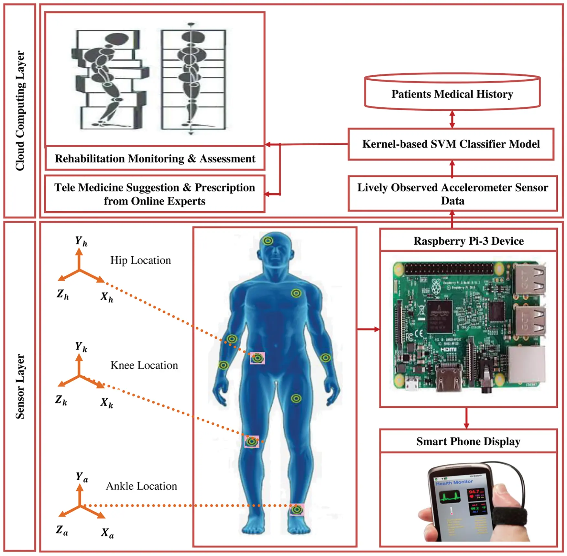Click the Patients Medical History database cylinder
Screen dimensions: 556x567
click(452, 94)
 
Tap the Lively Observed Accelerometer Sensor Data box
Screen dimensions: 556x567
click(452, 194)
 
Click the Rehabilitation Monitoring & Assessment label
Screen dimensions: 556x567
click(155, 159)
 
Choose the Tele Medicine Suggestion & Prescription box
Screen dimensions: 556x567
click(155, 194)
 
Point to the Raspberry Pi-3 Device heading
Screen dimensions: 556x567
click(468, 241)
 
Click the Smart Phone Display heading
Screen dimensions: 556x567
click(468, 441)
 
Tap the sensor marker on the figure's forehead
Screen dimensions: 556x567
click(268, 240)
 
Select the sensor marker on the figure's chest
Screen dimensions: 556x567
click(296, 293)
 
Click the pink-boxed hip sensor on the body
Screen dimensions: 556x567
click(257, 358)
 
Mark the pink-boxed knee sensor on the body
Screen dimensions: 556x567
click(252, 441)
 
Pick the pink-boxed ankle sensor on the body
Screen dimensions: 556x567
click(296, 510)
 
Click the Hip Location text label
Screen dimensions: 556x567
click(140, 260)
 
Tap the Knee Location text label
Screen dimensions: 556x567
click(144, 365)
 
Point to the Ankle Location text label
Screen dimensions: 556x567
click(141, 486)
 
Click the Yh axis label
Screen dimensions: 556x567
click(81, 241)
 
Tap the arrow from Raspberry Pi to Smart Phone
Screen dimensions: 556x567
click(466, 418)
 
